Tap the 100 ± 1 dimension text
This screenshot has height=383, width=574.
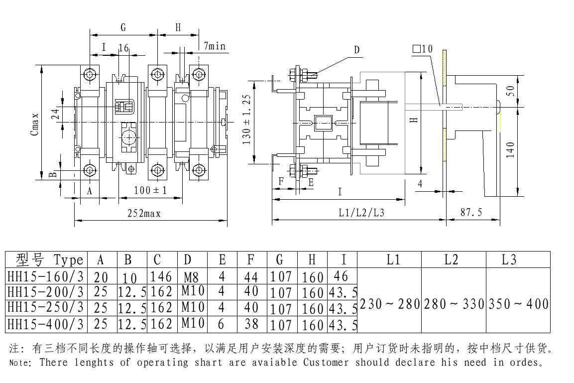(150, 190)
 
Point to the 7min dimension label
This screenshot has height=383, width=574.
(215, 46)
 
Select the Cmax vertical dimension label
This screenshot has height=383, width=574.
(35, 123)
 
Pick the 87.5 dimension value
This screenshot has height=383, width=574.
(470, 212)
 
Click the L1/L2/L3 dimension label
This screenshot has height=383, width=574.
(361, 213)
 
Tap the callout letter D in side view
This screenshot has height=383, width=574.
(356, 50)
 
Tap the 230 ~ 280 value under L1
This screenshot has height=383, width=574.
(390, 303)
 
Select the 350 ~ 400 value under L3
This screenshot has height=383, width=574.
(519, 303)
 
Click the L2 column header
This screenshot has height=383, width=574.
(453, 259)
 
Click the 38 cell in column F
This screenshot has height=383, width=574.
(252, 325)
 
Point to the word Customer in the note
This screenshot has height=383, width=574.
(326, 362)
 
